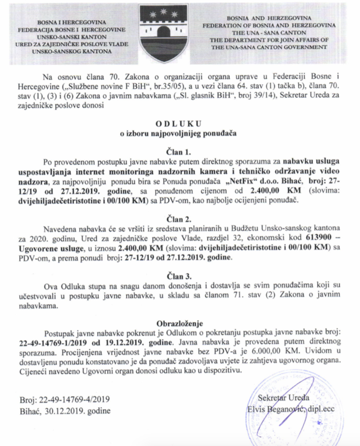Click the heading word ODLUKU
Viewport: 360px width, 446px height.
[180, 123]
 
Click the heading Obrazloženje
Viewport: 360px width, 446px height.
[180, 324]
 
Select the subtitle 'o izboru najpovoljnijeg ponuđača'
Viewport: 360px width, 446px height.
[180, 133]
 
